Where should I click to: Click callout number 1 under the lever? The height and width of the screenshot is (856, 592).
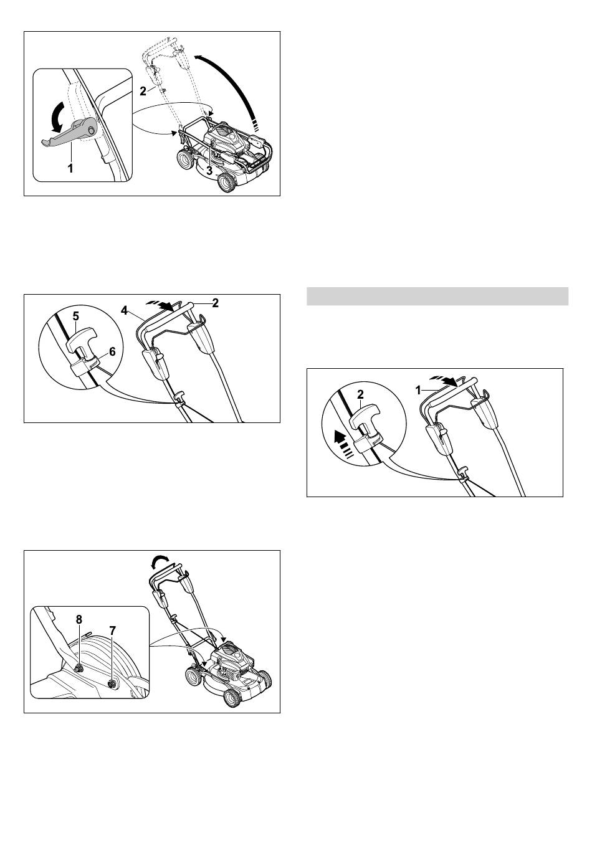tap(70, 169)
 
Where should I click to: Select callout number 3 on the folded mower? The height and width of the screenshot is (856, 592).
tap(209, 171)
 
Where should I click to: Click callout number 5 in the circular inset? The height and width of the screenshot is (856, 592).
tap(75, 316)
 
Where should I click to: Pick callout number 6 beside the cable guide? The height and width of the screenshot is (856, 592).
tap(112, 351)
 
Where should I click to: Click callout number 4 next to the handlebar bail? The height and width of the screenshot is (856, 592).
tap(124, 311)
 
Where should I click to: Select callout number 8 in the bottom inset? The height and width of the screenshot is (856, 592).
tap(79, 619)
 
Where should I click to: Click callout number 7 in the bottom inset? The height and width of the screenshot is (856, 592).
tap(112, 631)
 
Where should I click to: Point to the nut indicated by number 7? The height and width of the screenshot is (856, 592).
tap(112, 683)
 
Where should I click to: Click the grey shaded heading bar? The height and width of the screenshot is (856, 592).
tap(437, 296)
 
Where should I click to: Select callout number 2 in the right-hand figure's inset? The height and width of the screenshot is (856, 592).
tap(360, 394)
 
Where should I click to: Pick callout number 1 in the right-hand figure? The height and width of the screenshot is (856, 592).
tap(418, 391)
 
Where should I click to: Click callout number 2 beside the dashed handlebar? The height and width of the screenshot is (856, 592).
tap(143, 92)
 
